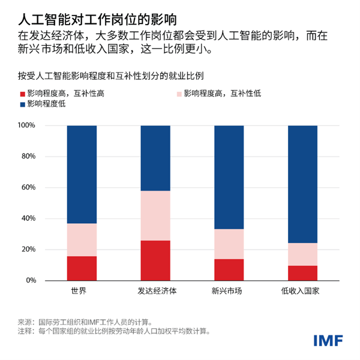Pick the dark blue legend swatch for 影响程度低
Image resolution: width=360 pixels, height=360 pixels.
pos(23,104)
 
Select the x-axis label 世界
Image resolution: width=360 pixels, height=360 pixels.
pos(82,292)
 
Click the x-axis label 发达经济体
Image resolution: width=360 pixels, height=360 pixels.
pos(155,292)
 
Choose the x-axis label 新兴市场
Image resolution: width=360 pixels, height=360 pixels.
pos(229,292)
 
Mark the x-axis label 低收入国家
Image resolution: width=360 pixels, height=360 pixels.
pos(303,292)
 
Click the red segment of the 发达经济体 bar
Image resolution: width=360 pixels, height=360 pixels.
pos(155,260)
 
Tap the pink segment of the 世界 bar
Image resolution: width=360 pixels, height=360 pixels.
pos(82,240)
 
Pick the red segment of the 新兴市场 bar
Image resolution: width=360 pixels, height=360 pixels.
pos(229,269)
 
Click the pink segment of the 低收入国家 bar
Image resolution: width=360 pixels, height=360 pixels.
pos(303,254)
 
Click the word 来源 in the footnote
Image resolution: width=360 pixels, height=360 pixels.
pos(25,321)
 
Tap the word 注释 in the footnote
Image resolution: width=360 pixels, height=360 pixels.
pos(25,331)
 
